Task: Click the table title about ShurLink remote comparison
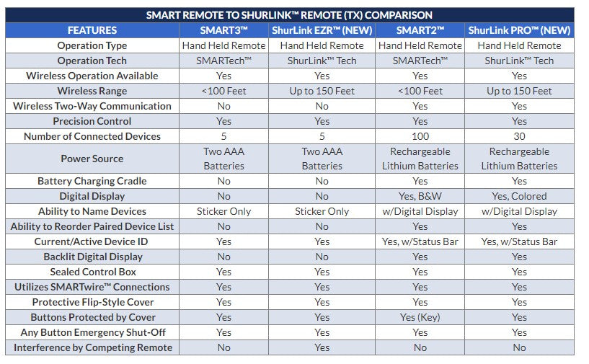pyautogui.click(x=289, y=14)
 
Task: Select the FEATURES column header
pyautogui.click(x=92, y=30)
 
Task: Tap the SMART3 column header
pyautogui.click(x=223, y=30)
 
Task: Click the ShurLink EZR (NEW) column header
pyautogui.click(x=322, y=30)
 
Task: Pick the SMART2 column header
pyautogui.click(x=420, y=30)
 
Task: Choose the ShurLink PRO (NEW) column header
pyautogui.click(x=519, y=30)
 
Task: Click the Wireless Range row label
pyautogui.click(x=92, y=91)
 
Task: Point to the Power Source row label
pyautogui.click(x=92, y=159)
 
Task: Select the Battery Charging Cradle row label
pyautogui.click(x=92, y=182)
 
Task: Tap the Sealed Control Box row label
pyautogui.click(x=92, y=272)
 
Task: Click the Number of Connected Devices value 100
pyautogui.click(x=420, y=136)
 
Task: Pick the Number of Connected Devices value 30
pyautogui.click(x=519, y=136)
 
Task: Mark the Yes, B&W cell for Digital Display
pyautogui.click(x=420, y=196)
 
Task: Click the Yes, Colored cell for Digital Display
pyautogui.click(x=519, y=196)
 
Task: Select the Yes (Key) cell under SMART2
pyautogui.click(x=420, y=317)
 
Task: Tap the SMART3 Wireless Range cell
pyautogui.click(x=223, y=91)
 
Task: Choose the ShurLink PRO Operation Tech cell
pyautogui.click(x=519, y=61)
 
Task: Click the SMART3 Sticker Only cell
pyautogui.click(x=223, y=211)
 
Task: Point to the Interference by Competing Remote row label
pyautogui.click(x=92, y=347)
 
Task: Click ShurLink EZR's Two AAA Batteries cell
pyautogui.click(x=322, y=159)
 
